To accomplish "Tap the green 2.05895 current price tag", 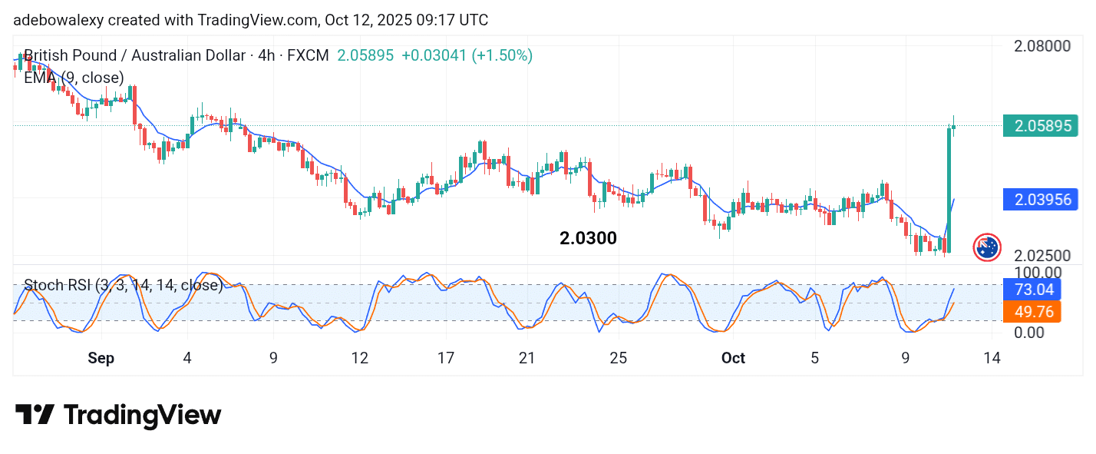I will click(x=1040, y=125).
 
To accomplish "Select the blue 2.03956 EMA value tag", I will click(x=1040, y=200).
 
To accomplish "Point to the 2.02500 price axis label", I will click(x=1042, y=255).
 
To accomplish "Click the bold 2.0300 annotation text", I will click(x=588, y=238).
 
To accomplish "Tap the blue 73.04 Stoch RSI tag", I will click(x=1032, y=290).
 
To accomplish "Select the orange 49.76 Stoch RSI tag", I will click(x=1032, y=311).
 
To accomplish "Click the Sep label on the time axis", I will click(x=101, y=358).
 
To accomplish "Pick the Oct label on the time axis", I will click(x=734, y=358).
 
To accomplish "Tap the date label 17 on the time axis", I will click(x=446, y=358).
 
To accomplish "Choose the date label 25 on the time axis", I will click(x=619, y=358).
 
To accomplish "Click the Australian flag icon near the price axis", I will click(x=987, y=247).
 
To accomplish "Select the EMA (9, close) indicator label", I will click(x=74, y=78).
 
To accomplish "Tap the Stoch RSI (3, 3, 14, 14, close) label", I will click(x=123, y=286).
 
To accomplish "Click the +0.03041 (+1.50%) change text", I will click(x=467, y=55).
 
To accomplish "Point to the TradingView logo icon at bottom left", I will click(x=35, y=416).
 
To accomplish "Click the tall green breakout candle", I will click(x=949, y=188).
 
